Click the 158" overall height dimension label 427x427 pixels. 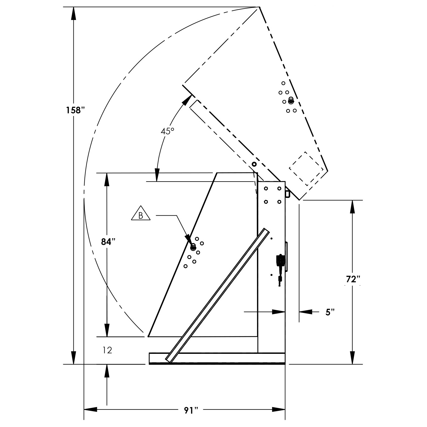tap(73, 110)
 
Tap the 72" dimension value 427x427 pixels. tap(353, 280)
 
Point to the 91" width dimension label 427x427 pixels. tap(191, 410)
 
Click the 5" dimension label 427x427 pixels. tap(330, 312)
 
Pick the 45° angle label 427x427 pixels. tap(167, 131)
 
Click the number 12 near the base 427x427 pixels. tap(108, 350)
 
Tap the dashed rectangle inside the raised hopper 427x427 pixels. tap(306, 168)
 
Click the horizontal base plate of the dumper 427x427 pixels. tap(217, 358)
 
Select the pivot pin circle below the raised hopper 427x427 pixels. tap(254, 164)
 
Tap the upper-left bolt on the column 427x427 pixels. tap(266, 188)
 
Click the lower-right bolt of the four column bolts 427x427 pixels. tap(279, 202)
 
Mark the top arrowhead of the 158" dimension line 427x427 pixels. tap(73, 13)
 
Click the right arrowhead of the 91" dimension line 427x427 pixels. tap(278, 410)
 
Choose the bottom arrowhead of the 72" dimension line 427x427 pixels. tap(353, 358)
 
